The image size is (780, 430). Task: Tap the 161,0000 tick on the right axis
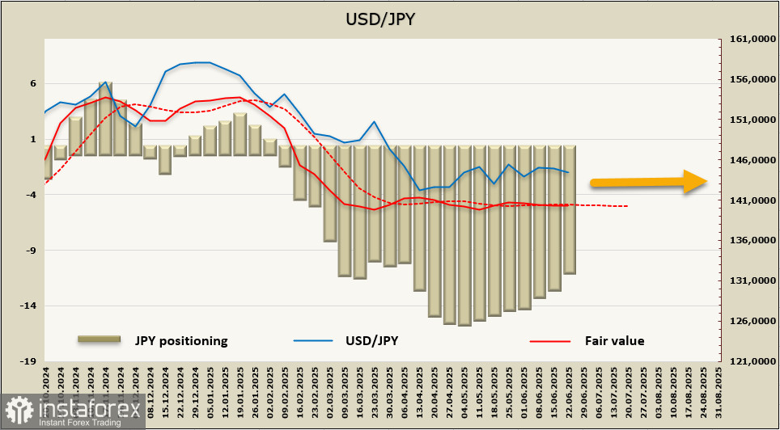(748, 39)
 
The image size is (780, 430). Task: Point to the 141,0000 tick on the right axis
(748, 200)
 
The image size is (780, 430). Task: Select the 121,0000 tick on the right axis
(748, 361)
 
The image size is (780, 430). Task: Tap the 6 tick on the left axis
(33, 83)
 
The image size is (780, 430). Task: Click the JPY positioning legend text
(181, 340)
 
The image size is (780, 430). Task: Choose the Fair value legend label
(614, 340)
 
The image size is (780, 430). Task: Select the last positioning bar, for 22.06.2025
(569, 210)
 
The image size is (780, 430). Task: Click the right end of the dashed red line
(627, 206)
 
